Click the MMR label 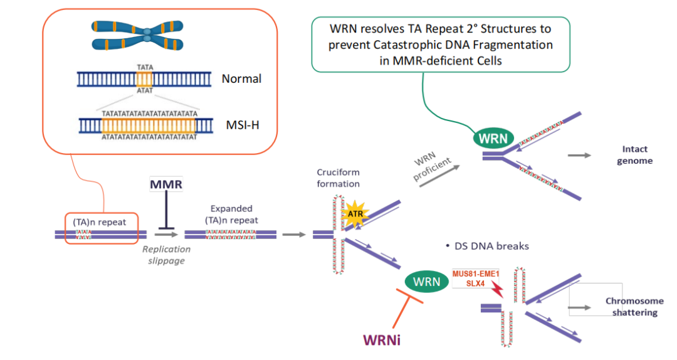(165, 185)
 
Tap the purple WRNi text (382, 340)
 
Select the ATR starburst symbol (355, 214)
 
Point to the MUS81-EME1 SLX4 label (476, 278)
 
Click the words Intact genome (635, 155)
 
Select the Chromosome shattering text (634, 307)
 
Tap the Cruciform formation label (338, 178)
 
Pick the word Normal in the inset (241, 79)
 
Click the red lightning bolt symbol (498, 289)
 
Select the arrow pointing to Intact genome (580, 154)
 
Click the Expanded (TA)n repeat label (231, 214)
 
